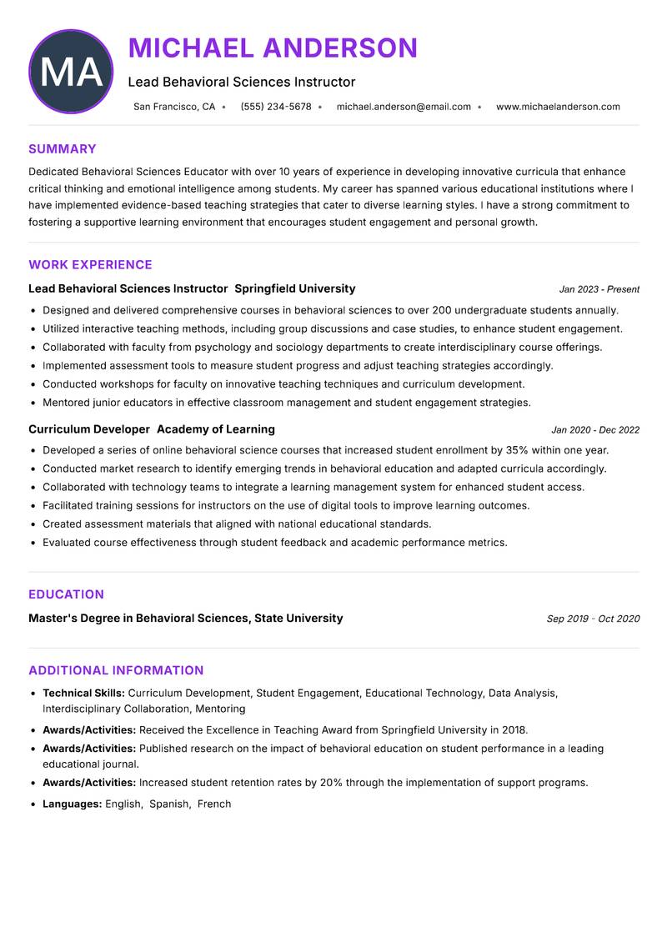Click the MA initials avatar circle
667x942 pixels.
tap(71, 72)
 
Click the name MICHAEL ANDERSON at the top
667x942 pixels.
tap(273, 48)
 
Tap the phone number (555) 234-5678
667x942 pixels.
tap(276, 107)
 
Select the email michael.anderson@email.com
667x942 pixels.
tap(404, 107)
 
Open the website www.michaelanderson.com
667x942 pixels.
tap(558, 107)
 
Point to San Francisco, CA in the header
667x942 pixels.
tap(174, 107)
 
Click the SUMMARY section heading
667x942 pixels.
tap(63, 149)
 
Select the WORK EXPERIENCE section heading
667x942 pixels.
tap(90, 265)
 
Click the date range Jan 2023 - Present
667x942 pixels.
tap(599, 289)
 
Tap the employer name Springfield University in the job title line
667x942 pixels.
tap(295, 288)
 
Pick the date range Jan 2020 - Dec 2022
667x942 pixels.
tap(595, 430)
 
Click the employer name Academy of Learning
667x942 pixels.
tap(216, 429)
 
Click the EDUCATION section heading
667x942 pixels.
tap(66, 594)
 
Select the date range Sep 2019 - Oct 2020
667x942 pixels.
tap(593, 619)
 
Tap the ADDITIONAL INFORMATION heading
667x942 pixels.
tap(116, 670)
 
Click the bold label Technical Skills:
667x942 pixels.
tap(83, 693)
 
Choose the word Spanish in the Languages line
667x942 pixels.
tap(169, 804)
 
